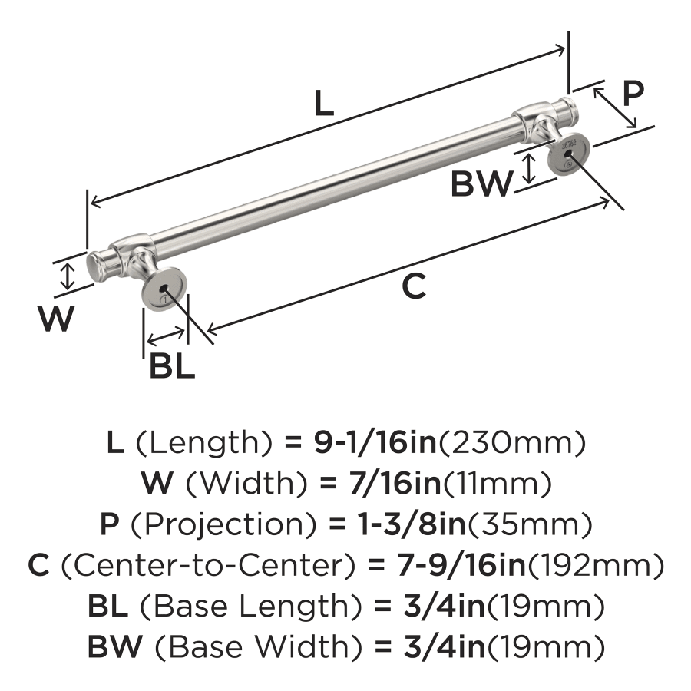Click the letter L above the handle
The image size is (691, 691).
point(325,104)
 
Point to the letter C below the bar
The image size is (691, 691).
point(413,286)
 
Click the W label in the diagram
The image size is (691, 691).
point(58,319)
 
